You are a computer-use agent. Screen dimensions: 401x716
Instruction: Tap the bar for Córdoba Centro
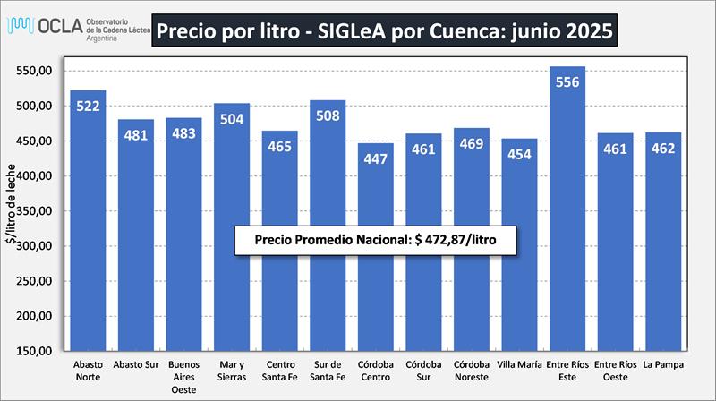(376, 260)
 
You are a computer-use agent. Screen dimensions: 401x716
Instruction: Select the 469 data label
(472, 143)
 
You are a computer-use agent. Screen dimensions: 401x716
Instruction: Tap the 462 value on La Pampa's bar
(663, 148)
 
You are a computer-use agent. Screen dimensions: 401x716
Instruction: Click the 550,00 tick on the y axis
(39, 71)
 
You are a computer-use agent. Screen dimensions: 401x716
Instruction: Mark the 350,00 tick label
(39, 211)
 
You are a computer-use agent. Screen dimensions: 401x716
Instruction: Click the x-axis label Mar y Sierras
(232, 371)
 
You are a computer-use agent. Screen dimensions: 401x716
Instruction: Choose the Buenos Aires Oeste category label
(183, 378)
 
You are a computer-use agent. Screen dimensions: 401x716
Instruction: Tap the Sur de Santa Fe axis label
(328, 371)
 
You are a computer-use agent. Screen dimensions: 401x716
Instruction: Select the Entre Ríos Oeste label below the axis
(615, 371)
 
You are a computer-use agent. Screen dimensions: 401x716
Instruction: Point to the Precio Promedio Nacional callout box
(375, 242)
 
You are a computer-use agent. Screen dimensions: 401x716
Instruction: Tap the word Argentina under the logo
(106, 39)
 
